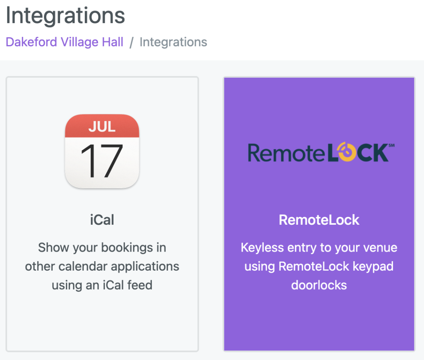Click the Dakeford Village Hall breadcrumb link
(64, 42)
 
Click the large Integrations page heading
(65, 15)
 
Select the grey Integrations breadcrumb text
(173, 42)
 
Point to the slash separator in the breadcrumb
(131, 43)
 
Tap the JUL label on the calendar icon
(102, 127)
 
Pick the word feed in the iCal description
(140, 285)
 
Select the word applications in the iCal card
(145, 267)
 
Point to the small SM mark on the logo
(392, 145)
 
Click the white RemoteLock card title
(319, 220)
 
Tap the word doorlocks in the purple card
(319, 285)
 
